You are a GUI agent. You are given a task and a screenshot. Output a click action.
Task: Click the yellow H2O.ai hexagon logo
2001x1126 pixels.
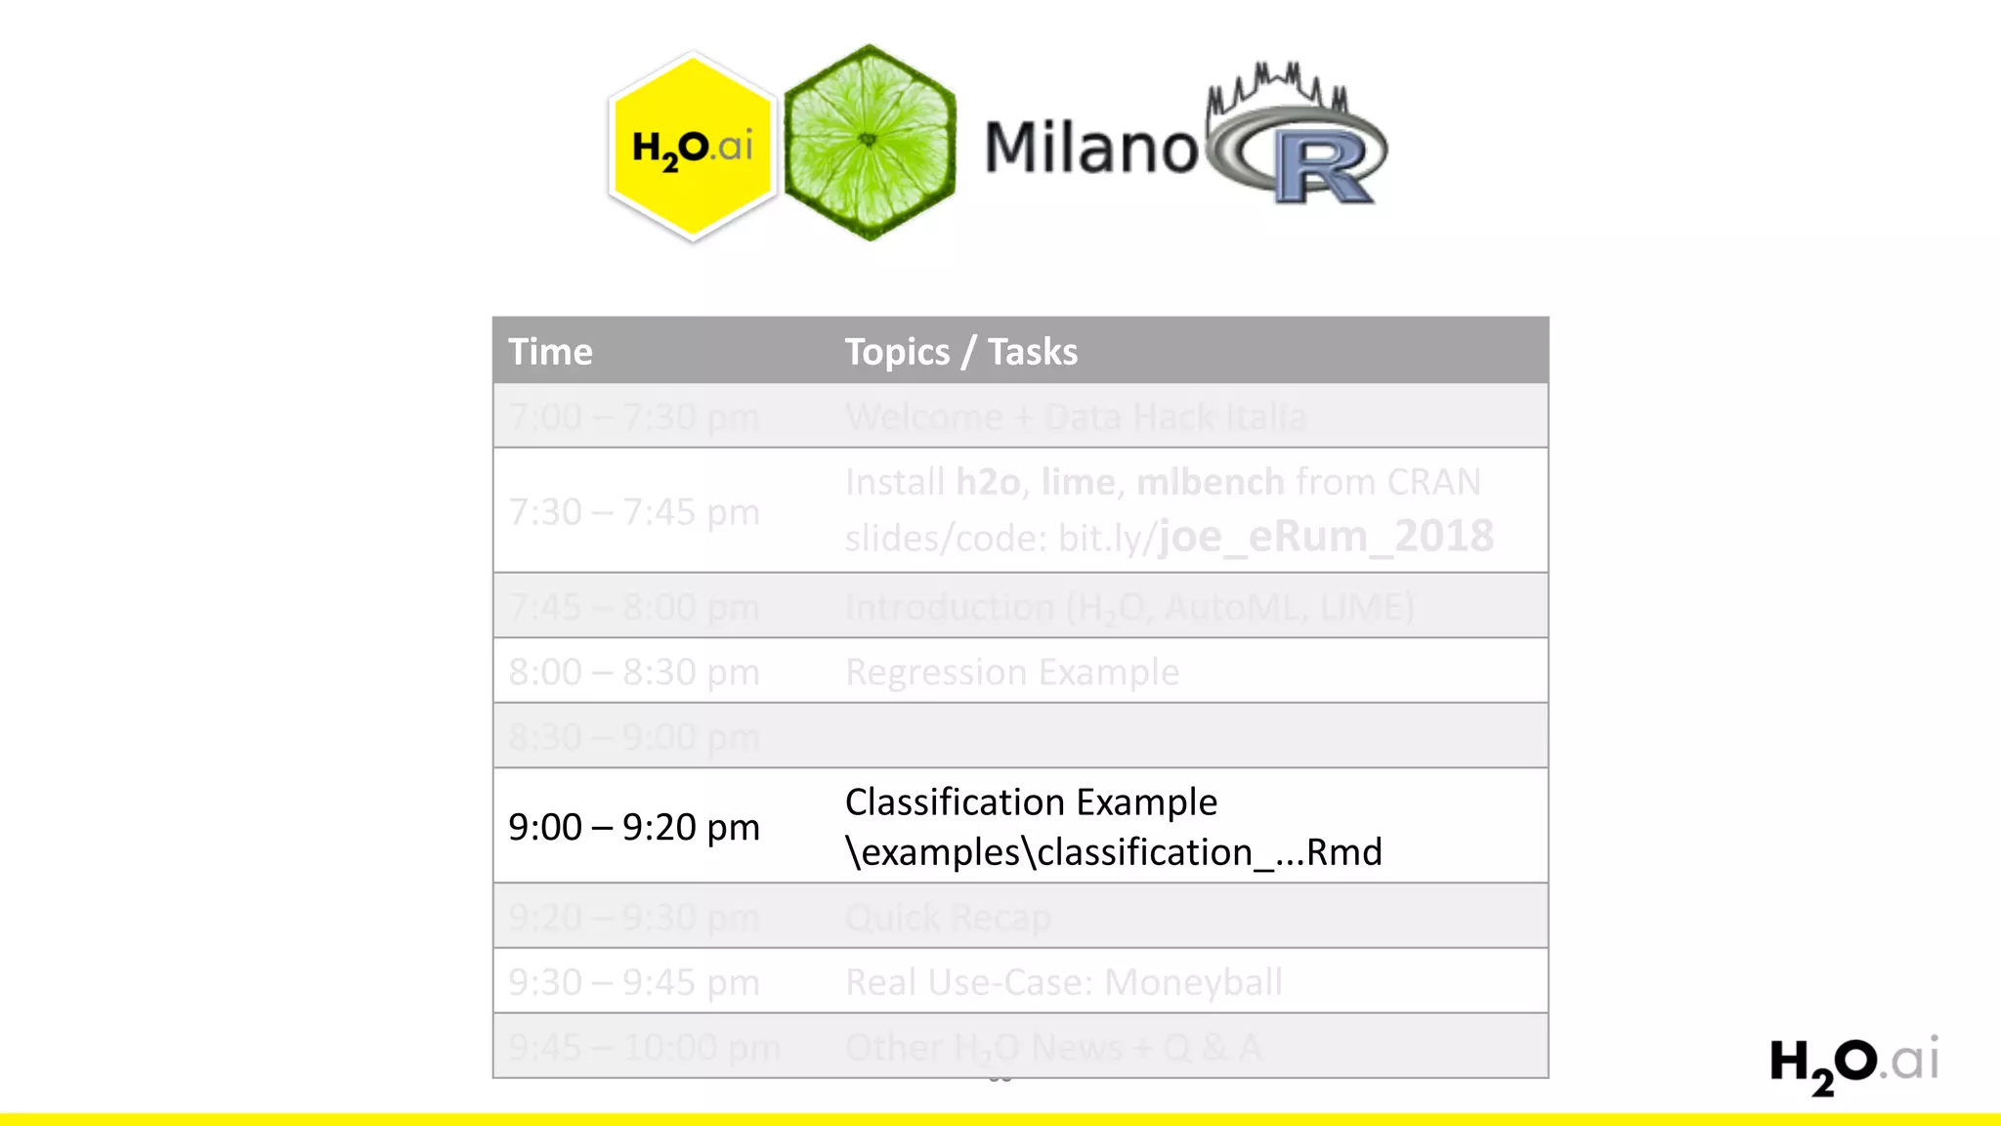coord(692,147)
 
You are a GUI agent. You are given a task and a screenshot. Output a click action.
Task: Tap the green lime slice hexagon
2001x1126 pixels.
coord(869,143)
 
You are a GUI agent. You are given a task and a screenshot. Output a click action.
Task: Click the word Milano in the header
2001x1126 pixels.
coord(1090,149)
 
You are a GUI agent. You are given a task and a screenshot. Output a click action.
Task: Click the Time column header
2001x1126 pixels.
coord(550,352)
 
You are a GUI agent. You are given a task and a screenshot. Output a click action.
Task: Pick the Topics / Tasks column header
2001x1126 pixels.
coord(960,352)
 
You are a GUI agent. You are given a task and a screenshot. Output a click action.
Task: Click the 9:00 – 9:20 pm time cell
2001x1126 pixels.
coord(633,827)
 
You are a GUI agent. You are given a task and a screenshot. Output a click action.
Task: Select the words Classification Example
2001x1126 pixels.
coord(1031,802)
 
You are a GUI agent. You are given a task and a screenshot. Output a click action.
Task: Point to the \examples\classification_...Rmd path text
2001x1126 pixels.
coord(1113,852)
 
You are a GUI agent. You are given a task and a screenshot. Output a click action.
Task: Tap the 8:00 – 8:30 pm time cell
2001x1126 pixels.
coord(633,672)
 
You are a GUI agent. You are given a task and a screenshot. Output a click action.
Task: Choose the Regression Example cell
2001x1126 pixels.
coord(1012,672)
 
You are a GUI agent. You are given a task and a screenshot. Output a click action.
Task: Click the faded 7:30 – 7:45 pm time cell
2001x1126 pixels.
coord(633,512)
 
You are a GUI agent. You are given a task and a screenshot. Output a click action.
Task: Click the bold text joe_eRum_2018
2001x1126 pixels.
coord(1326,537)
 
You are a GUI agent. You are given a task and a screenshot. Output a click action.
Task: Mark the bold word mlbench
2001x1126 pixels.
coord(1210,482)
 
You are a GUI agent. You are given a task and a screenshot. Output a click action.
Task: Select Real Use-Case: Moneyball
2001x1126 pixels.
coord(1063,982)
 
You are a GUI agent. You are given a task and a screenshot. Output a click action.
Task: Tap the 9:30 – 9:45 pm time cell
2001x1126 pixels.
coord(633,982)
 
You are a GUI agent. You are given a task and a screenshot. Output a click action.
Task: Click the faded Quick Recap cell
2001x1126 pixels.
coord(948,918)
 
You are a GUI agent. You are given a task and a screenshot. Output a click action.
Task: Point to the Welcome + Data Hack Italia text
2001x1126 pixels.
coord(1075,417)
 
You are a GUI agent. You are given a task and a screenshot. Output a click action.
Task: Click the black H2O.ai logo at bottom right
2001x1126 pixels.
coord(1853,1063)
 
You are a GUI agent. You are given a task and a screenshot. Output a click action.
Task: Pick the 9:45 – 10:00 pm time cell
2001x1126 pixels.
coord(644,1048)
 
